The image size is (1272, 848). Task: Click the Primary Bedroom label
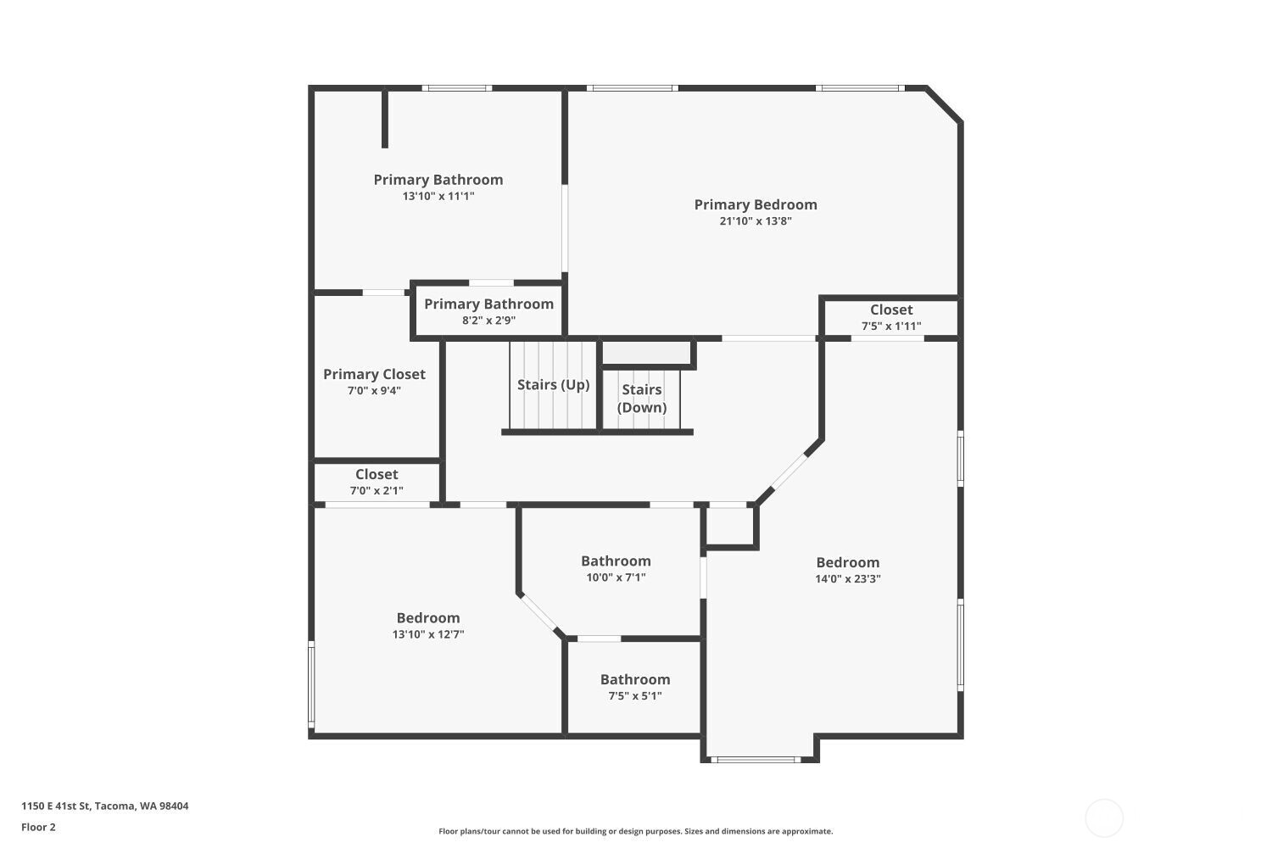coord(756,204)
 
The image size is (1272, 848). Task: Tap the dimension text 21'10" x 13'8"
coord(756,221)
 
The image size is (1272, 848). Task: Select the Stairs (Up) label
coord(553,385)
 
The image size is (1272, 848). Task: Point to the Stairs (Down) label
coord(642,398)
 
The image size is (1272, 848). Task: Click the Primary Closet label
coord(374,374)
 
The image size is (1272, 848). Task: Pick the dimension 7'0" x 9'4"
coord(374,391)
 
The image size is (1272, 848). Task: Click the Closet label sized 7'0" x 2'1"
coord(377,474)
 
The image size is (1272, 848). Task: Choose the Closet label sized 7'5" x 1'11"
coord(891,310)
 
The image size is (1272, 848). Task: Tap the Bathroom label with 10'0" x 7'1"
coord(616,561)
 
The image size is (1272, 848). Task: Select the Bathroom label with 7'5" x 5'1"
coord(635,679)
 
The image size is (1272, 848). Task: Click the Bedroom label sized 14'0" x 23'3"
coord(848,562)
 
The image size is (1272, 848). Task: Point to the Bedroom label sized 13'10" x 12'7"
coord(428,618)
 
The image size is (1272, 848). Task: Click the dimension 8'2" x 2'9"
coord(488,321)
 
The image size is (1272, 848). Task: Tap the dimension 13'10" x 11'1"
coord(438,196)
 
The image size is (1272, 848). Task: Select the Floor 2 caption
coord(38,827)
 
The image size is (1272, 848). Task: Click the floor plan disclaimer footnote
coord(635,831)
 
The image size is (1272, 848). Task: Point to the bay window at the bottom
coord(756,759)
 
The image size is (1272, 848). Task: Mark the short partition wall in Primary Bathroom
coord(384,119)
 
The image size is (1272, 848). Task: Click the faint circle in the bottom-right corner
coord(1104,818)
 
